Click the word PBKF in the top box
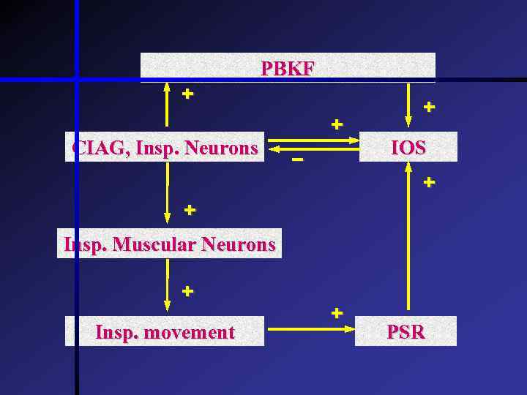288,69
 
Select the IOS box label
408,148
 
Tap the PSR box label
405,331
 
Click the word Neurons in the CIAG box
222,149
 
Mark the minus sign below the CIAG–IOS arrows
296,159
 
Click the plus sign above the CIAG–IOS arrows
336,124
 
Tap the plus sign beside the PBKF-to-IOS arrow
429,107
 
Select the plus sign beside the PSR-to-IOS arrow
429,181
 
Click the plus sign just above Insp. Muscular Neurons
190,211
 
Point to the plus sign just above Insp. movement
187,291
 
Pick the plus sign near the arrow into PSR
336,313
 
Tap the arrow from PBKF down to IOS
408,102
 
